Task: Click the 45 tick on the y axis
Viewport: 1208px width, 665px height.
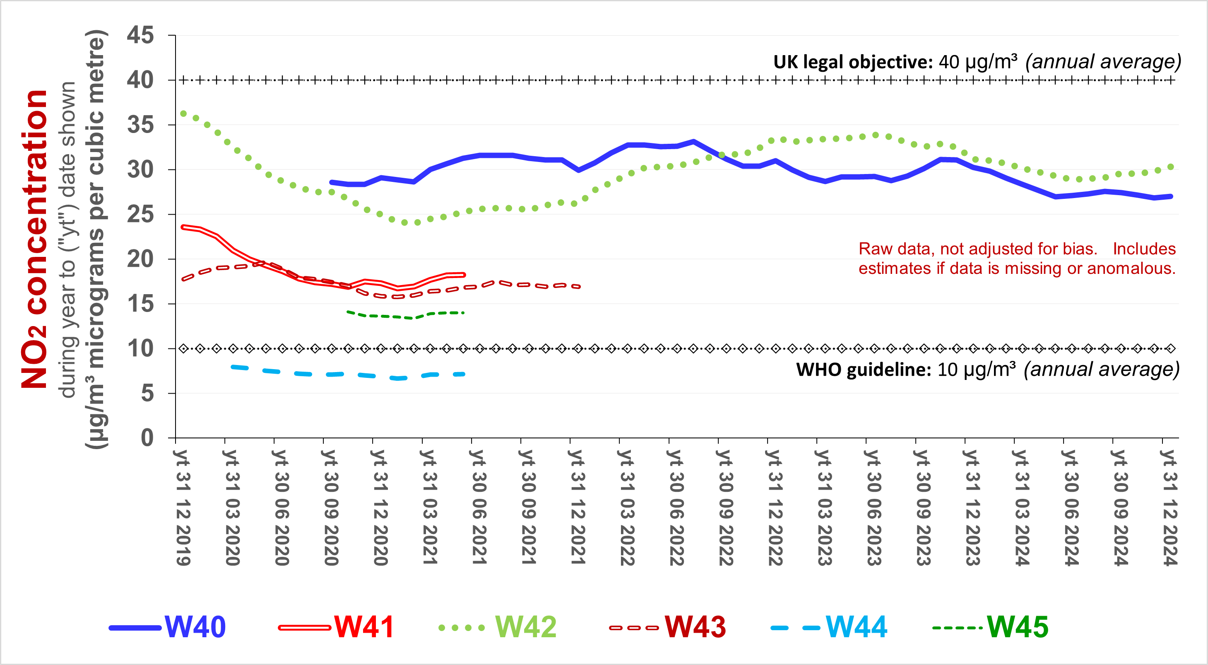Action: pos(140,35)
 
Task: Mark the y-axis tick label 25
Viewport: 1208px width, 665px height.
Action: pos(140,215)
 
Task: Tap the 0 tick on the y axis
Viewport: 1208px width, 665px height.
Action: pos(147,438)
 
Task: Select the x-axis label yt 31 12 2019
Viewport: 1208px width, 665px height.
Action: pos(183,507)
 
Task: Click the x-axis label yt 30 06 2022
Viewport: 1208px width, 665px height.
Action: pos(676,507)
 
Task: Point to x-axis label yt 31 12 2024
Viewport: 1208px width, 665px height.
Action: pos(1169,507)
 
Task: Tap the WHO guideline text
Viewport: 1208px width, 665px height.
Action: pos(863,370)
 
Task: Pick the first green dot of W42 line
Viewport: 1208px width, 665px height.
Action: pos(183,114)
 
